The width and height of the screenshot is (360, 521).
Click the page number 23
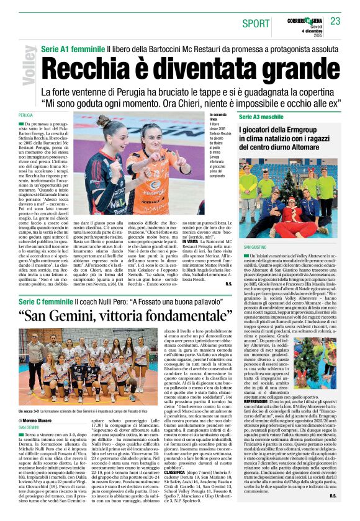coord(336,22)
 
